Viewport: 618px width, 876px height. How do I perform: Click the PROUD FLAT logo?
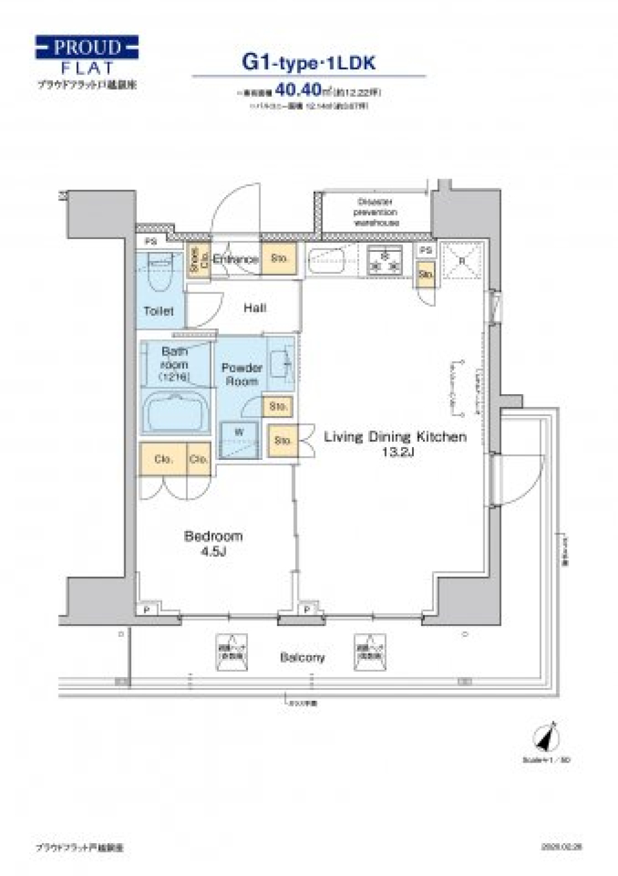[x=87, y=56]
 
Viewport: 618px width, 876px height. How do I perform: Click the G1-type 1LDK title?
[x=308, y=62]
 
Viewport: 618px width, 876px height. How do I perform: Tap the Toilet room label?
[x=158, y=311]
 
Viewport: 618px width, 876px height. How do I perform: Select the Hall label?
[x=255, y=308]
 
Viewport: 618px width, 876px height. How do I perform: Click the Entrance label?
[x=236, y=259]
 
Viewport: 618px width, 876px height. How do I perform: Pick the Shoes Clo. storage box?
[x=198, y=260]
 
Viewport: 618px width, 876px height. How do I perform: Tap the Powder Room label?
[x=241, y=374]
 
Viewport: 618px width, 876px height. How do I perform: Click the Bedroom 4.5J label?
[x=213, y=543]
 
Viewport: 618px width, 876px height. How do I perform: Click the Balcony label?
[x=302, y=658]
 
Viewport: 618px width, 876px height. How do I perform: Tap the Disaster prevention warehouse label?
[x=376, y=212]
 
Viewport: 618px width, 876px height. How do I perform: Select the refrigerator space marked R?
[x=462, y=261]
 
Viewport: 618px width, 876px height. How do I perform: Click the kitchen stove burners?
[x=384, y=261]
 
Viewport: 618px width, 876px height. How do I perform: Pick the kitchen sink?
[x=327, y=262]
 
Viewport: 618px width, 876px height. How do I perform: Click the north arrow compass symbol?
[x=548, y=736]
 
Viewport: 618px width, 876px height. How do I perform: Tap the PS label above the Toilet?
[x=151, y=242]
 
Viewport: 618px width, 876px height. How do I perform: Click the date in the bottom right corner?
[x=561, y=847]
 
